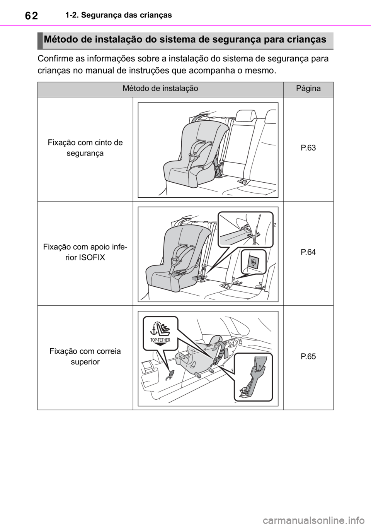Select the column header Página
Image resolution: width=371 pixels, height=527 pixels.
point(308,89)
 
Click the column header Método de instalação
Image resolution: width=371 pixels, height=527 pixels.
point(160,89)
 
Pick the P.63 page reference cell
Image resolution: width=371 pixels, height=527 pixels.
point(308,148)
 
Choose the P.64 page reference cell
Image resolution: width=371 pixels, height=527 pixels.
point(308,252)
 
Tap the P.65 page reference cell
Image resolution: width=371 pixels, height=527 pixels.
point(308,356)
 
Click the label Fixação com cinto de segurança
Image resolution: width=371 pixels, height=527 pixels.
point(85,148)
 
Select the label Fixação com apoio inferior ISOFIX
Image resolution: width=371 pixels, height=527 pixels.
point(85,252)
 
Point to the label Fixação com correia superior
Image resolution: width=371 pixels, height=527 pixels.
point(85,356)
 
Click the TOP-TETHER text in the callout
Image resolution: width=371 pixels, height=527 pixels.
point(160,340)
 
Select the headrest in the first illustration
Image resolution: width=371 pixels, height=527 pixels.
point(246,116)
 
